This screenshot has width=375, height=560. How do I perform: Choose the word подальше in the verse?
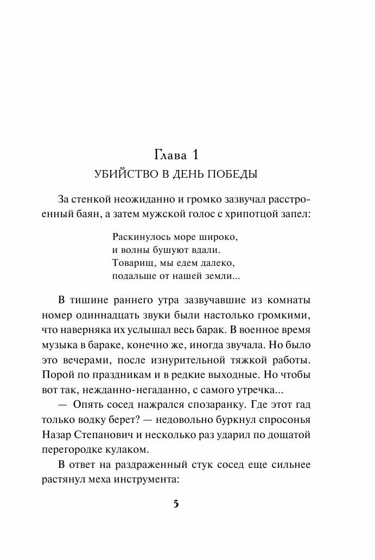[132, 276]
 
